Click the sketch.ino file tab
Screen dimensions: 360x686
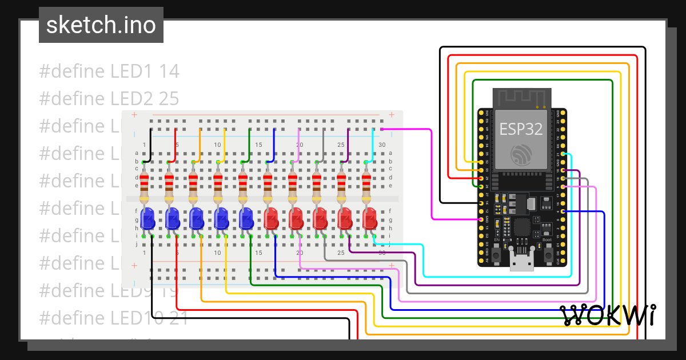(x=101, y=25)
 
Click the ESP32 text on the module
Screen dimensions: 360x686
(x=521, y=129)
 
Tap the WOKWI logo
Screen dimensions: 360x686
(x=607, y=315)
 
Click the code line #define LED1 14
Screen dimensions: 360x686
(x=109, y=71)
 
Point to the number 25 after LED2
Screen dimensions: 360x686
(x=169, y=99)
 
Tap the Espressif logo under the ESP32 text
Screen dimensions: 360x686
(x=521, y=154)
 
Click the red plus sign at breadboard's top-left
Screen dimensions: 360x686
(x=135, y=115)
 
